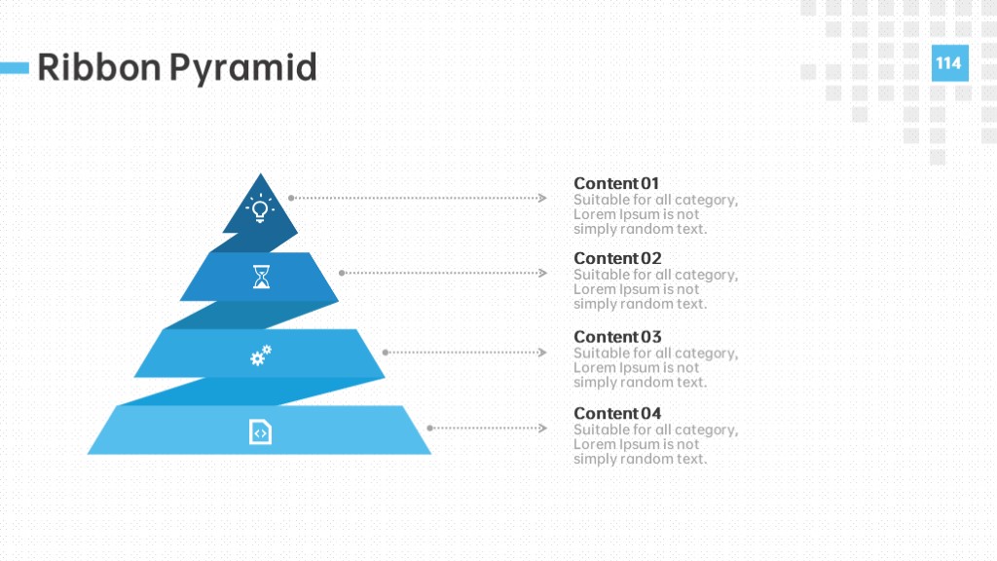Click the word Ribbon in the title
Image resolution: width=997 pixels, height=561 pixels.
click(99, 67)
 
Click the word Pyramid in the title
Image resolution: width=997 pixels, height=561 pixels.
click(242, 69)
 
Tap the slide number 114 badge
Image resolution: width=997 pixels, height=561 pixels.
click(950, 63)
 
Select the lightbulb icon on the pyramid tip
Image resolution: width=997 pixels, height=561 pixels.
click(260, 208)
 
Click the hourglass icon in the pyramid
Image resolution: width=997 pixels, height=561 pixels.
click(261, 277)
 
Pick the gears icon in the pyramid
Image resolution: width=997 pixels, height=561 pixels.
click(261, 355)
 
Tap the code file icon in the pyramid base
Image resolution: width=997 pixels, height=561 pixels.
click(260, 431)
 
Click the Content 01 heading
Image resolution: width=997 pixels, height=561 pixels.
click(616, 183)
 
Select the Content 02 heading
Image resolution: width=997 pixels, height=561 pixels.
click(617, 258)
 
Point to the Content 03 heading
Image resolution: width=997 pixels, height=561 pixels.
click(617, 336)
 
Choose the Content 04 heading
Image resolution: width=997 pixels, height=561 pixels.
click(617, 413)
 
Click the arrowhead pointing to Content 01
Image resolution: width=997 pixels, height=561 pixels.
click(542, 198)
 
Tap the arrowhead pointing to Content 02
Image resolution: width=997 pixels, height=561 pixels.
click(542, 273)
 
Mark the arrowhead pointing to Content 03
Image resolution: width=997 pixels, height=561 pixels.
click(542, 353)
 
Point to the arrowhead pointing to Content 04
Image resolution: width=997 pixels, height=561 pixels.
click(542, 429)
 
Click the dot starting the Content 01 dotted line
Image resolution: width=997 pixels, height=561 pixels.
click(291, 198)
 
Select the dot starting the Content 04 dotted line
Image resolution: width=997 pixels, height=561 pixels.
click(429, 429)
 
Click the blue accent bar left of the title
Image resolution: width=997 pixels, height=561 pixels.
click(14, 67)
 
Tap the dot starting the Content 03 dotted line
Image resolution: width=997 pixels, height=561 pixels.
click(386, 353)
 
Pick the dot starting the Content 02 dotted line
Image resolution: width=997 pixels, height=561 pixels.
click(342, 273)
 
